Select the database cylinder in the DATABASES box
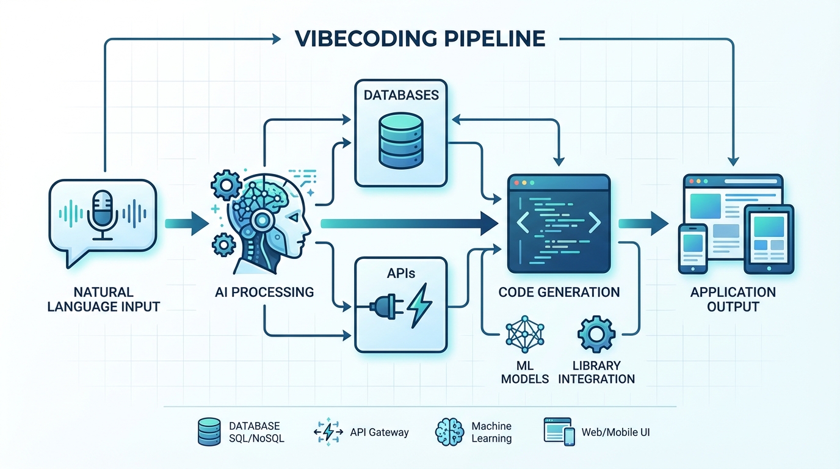[400, 139]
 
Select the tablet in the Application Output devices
[769, 239]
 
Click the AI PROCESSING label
[264, 292]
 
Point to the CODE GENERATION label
[559, 292]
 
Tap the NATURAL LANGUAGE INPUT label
[103, 299]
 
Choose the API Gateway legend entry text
[379, 432]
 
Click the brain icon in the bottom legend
[450, 432]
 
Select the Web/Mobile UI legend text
[615, 432]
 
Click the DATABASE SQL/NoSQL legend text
[255, 432]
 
